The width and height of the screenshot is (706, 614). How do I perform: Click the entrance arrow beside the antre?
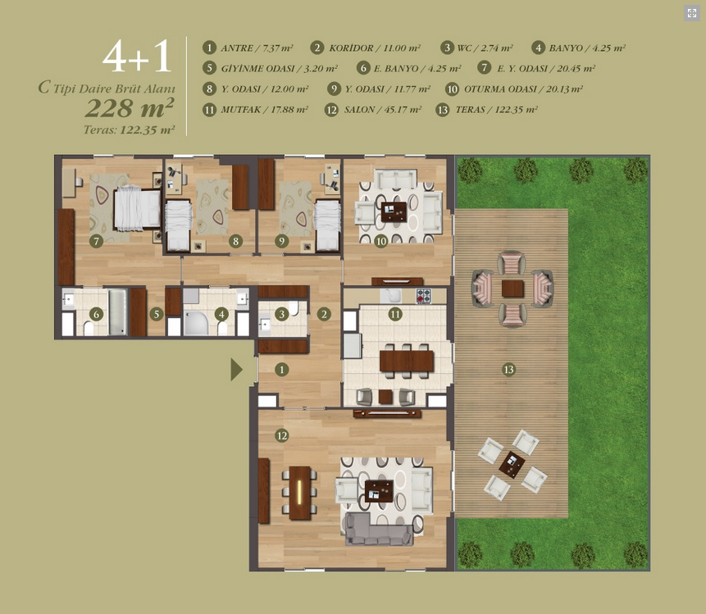(x=236, y=370)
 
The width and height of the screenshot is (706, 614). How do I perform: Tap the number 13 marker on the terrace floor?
(x=508, y=370)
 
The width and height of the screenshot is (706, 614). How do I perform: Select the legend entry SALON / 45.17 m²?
(x=373, y=110)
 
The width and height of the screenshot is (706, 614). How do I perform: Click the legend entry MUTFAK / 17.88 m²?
(x=255, y=110)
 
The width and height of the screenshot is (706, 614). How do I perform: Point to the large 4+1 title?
(x=137, y=56)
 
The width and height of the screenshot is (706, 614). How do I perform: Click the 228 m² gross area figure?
(x=130, y=108)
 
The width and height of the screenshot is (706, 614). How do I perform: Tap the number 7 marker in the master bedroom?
(x=96, y=241)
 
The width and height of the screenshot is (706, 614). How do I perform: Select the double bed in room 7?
(x=137, y=209)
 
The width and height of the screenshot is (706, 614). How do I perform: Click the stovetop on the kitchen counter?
(x=423, y=296)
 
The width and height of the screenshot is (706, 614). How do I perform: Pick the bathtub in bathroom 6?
(x=118, y=312)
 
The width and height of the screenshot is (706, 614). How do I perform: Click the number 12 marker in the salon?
(x=282, y=435)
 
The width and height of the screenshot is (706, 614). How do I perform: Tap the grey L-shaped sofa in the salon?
(x=378, y=529)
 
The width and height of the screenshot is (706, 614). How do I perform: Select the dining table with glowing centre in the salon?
(x=299, y=493)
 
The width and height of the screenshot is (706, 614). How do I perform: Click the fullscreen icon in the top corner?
(x=692, y=13)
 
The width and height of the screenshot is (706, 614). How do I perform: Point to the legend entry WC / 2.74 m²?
(x=477, y=48)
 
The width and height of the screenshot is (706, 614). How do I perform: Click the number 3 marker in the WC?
(x=282, y=314)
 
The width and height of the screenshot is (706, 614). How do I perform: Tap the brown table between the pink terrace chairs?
(x=512, y=289)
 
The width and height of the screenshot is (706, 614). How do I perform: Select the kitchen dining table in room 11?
(x=407, y=361)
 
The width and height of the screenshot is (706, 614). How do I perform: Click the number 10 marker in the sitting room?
(x=381, y=241)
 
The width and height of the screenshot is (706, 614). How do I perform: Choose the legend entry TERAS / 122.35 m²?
(x=487, y=110)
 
